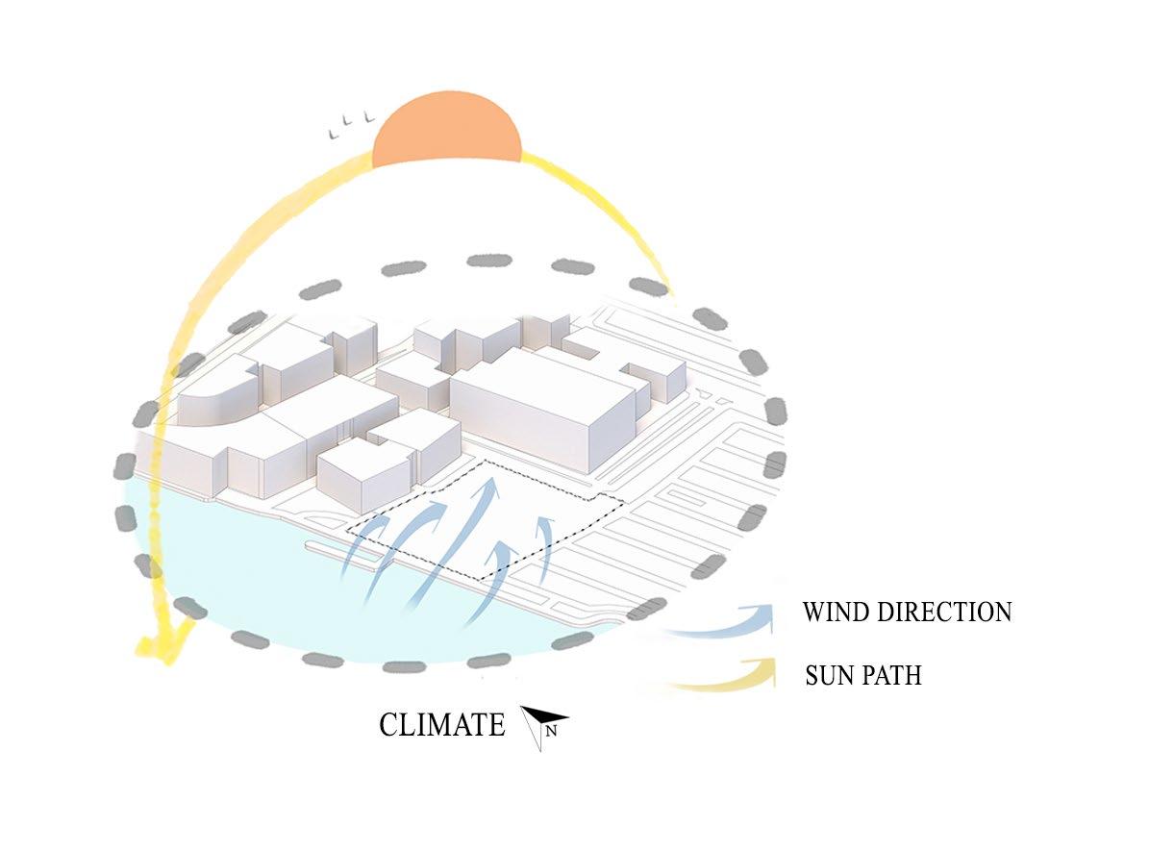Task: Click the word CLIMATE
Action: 441,724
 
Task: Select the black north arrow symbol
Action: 543,719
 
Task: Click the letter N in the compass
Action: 552,732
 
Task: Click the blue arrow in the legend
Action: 721,623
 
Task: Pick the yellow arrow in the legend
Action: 721,676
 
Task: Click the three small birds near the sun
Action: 350,124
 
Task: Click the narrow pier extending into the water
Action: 332,549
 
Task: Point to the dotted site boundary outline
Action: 558,481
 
